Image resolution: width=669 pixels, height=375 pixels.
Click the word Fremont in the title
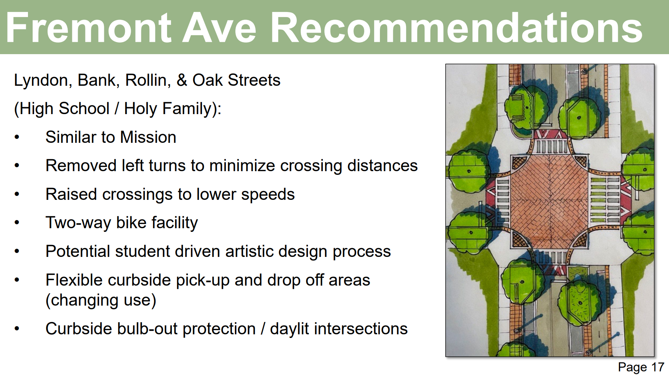89,28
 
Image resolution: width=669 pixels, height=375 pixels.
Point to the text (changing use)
101,301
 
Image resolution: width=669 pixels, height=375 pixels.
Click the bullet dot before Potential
17,251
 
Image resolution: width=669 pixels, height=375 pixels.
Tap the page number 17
658,367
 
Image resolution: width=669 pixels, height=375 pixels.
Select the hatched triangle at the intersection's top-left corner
519,162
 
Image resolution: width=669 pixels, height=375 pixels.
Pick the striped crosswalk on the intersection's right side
605,200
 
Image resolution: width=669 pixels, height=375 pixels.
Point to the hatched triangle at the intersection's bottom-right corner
580,239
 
